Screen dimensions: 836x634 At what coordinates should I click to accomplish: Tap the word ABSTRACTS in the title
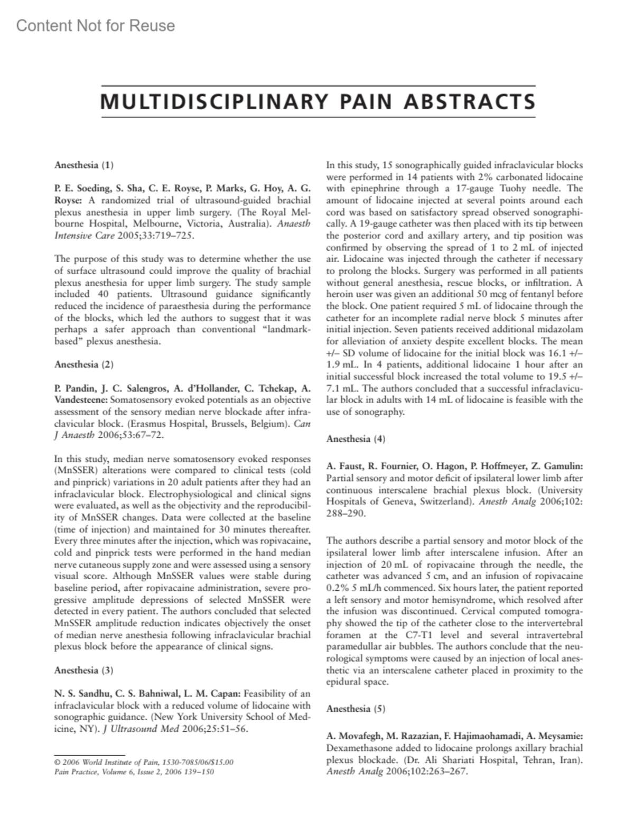[x=469, y=101]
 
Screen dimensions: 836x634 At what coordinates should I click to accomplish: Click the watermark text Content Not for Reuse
[x=96, y=25]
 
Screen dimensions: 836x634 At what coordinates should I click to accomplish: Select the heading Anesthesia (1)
[x=84, y=165]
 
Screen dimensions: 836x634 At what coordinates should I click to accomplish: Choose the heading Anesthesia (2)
[x=84, y=364]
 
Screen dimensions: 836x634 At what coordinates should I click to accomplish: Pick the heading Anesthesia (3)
[x=84, y=670]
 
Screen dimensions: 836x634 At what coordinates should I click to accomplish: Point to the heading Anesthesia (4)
[x=356, y=439]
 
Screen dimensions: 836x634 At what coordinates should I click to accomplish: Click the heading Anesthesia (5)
[x=356, y=709]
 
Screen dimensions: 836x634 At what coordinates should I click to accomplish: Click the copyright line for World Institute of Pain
[x=144, y=762]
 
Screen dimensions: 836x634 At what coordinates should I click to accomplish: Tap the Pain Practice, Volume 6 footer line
[x=134, y=772]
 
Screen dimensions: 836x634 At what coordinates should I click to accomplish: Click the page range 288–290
[x=346, y=513]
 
